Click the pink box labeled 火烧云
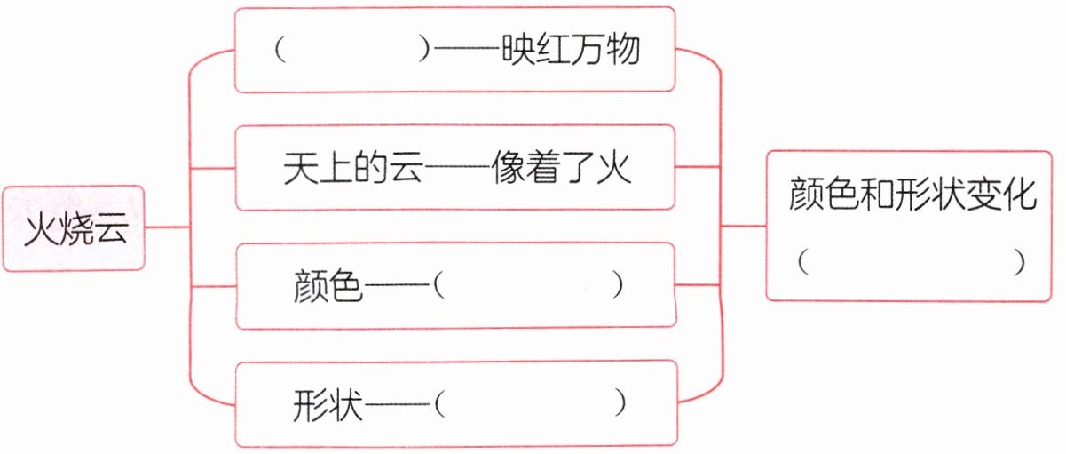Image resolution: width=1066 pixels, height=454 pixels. [x=73, y=227]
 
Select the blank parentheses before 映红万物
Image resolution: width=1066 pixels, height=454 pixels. [x=351, y=51]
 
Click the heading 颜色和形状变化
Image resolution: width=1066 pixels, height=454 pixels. [x=913, y=196]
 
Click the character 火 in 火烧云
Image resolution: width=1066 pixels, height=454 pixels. [x=40, y=228]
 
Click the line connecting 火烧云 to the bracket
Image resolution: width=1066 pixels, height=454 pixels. [x=167, y=227]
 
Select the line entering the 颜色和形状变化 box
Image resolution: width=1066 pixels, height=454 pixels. [x=743, y=227]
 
